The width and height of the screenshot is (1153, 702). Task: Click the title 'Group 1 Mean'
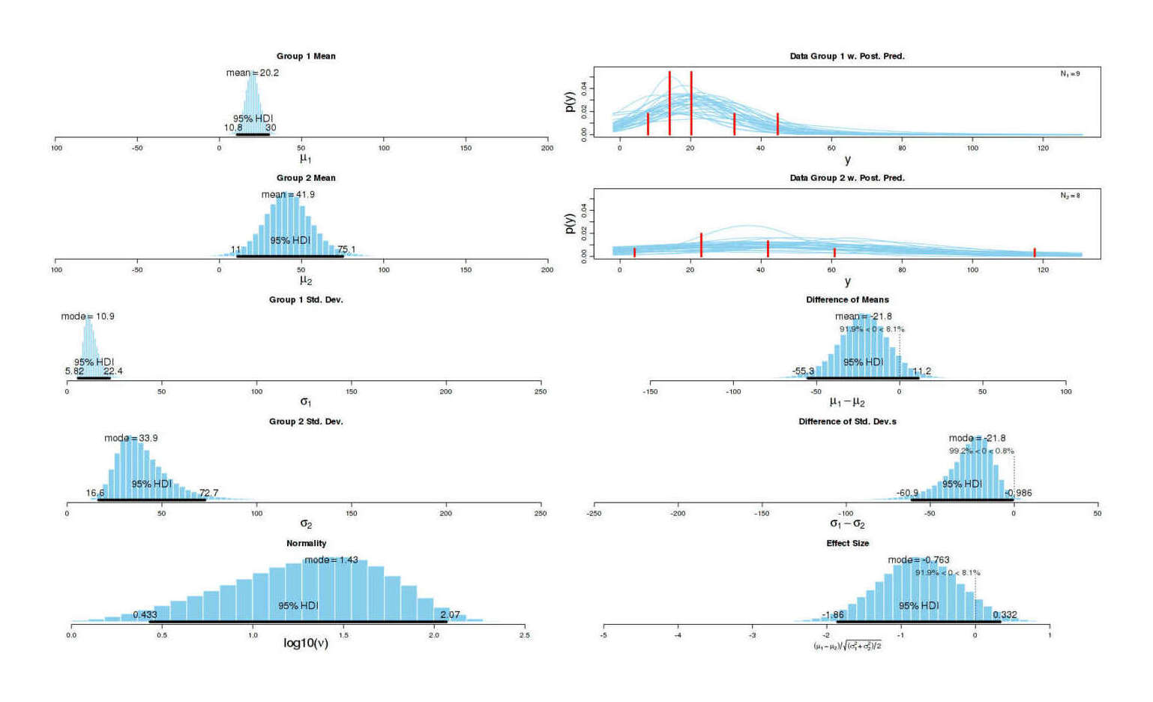[306, 56]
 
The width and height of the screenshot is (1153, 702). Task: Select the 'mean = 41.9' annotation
[288, 194]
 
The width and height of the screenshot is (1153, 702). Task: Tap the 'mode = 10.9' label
[88, 316]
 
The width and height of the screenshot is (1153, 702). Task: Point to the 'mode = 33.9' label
[131, 438]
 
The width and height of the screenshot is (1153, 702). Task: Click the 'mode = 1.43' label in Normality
[331, 560]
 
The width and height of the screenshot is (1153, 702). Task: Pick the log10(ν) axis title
[306, 643]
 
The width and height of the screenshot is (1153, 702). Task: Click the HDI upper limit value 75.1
[346, 250]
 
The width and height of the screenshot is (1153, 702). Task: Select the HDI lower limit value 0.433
[145, 615]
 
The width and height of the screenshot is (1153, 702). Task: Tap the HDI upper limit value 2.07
[450, 615]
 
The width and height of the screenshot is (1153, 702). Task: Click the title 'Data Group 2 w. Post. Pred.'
[847, 178]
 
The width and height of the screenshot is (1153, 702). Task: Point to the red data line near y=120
[1035, 253]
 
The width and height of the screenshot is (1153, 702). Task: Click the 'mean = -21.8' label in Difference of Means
[864, 316]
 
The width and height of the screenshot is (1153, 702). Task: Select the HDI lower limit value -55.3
[803, 371]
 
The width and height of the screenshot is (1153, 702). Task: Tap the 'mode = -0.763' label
[918, 560]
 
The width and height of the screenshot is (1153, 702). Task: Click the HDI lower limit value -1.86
[833, 615]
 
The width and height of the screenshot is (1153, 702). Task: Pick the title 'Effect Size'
[847, 543]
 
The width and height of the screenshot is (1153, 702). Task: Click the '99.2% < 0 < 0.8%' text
[981, 451]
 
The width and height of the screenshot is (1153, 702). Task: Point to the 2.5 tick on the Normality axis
[525, 635]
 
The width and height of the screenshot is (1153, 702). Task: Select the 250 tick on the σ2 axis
[541, 514]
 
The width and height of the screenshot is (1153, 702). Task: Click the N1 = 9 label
[1070, 74]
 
